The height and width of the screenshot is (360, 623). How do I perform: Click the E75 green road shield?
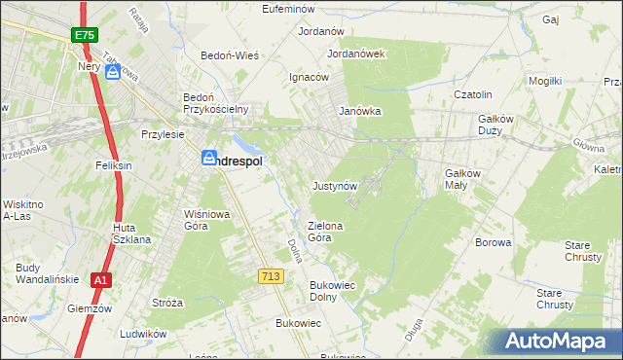point(83,35)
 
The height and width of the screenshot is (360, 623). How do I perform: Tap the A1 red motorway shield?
point(99,280)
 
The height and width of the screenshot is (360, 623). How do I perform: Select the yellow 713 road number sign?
point(272,277)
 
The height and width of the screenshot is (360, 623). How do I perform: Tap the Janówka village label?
point(359,111)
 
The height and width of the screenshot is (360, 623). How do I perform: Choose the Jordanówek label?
point(357,54)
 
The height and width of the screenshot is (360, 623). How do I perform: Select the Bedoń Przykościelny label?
point(218,103)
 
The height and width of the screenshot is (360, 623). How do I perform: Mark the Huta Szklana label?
point(129,234)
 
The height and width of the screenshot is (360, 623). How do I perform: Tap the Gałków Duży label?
point(502,125)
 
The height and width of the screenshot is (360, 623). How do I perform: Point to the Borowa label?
point(493,242)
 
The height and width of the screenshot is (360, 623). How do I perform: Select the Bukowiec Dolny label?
point(336,291)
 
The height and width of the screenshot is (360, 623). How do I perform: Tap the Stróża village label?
point(167,303)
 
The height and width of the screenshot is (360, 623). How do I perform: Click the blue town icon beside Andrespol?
point(209,158)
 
